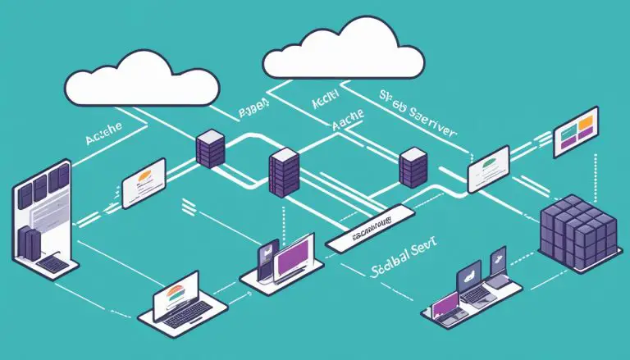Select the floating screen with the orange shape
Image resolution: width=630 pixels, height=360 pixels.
tap(144, 183)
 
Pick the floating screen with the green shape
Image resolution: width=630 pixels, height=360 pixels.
tap(489, 167)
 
